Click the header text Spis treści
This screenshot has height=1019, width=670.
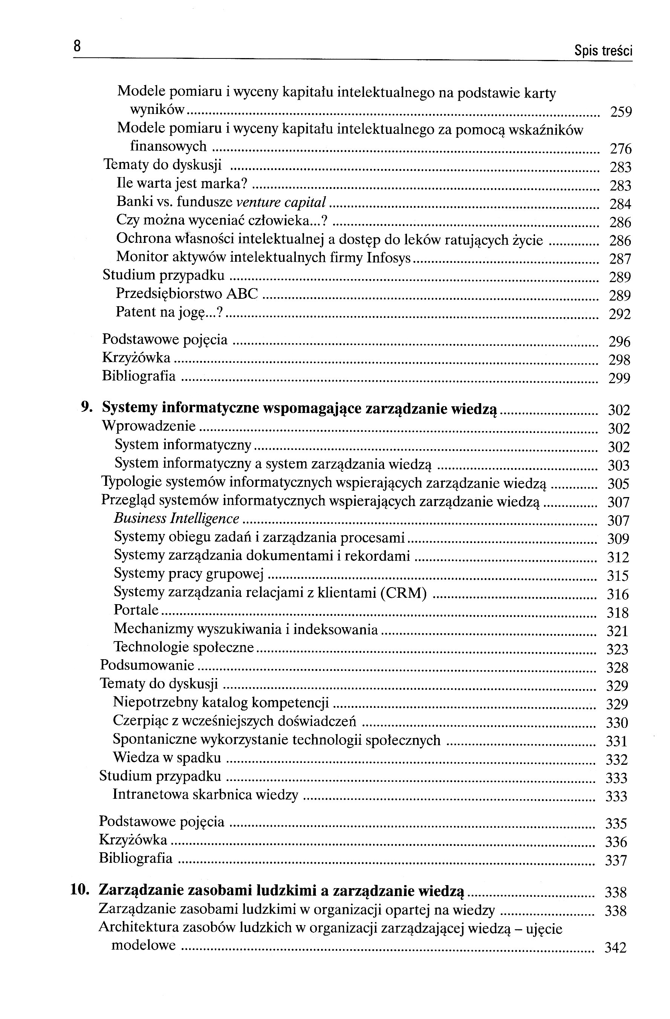[603, 51]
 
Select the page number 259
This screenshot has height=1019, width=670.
[620, 112]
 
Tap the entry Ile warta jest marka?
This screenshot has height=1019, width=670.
[182, 184]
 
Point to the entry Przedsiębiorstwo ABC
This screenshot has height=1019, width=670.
[187, 294]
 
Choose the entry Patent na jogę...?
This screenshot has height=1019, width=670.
[170, 312]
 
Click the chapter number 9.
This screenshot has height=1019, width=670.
[87, 408]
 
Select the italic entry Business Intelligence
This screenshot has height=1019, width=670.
[176, 519]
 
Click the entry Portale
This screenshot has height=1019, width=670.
[136, 610]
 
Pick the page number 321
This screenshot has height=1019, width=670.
[617, 631]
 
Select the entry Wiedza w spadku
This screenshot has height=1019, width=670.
[167, 757]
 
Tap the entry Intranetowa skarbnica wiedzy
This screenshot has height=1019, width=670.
[205, 794]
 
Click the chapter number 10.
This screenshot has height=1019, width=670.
[80, 889]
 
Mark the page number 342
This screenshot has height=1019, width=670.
[615, 948]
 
